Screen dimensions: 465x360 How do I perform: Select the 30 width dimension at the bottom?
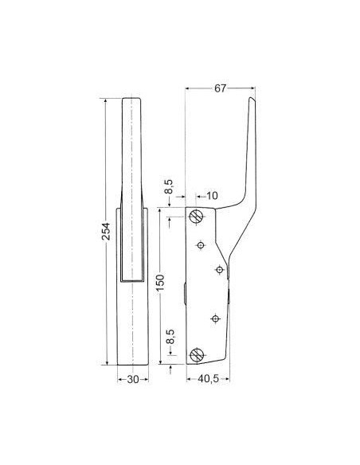133,379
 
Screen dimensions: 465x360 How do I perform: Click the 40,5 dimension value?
209,379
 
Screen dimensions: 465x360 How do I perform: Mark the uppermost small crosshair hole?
202,244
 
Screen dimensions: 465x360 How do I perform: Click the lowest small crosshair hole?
214,318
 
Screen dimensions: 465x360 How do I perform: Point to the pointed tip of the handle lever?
252,99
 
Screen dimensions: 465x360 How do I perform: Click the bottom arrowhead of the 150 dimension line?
161,363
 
